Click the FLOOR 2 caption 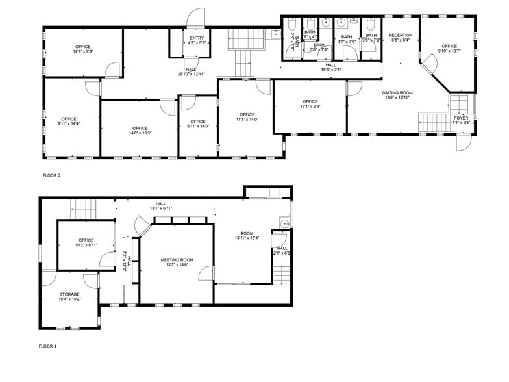click(x=51, y=175)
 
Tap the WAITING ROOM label click(x=397, y=93)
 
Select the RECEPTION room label click(x=401, y=35)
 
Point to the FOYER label click(x=460, y=118)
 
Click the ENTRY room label click(x=197, y=38)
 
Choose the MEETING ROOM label click(x=177, y=260)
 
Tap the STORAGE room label click(x=69, y=294)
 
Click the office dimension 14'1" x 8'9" click(x=82, y=52)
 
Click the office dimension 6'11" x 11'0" click(x=198, y=127)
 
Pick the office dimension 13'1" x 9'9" click(x=310, y=107)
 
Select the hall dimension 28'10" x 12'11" click(x=191, y=75)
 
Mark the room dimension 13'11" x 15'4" click(x=247, y=238)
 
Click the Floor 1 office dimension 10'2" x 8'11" click(x=86, y=246)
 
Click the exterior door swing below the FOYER click(x=464, y=144)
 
